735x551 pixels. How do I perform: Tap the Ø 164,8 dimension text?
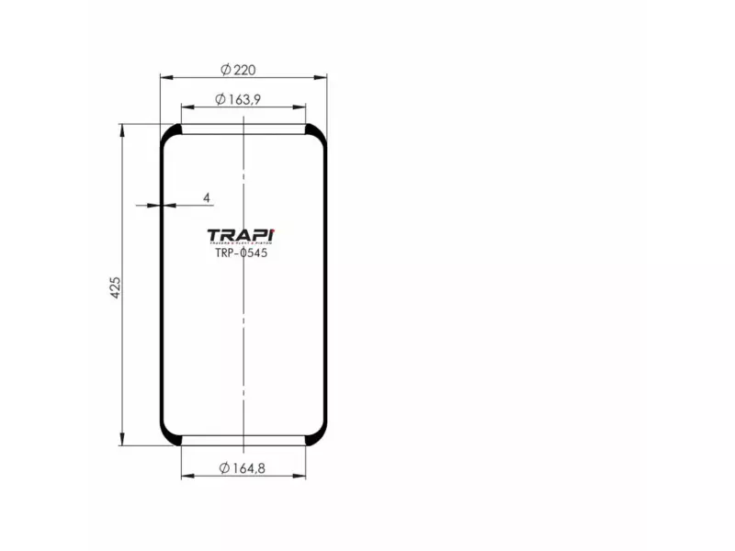(x=243, y=468)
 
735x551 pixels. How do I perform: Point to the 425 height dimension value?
(x=115, y=285)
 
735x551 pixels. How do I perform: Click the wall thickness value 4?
(x=206, y=197)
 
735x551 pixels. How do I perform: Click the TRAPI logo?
(x=243, y=235)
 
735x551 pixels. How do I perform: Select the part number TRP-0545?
(x=242, y=254)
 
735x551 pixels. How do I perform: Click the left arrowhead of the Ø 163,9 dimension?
(x=186, y=107)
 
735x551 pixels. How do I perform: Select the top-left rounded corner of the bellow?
(x=170, y=133)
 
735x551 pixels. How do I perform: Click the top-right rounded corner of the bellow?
(x=317, y=133)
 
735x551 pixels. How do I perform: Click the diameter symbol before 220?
(x=225, y=69)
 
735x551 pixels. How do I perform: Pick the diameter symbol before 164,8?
(x=224, y=468)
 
